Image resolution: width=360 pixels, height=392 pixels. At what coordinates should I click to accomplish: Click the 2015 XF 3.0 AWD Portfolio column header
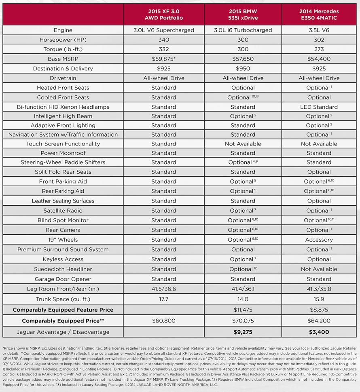tap(163, 15)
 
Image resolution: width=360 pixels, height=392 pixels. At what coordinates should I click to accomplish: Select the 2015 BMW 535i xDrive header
tap(243, 15)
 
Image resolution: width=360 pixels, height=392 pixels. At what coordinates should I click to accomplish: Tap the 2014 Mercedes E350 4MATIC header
tap(319, 15)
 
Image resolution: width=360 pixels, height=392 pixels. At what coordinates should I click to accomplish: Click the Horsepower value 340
tap(163, 40)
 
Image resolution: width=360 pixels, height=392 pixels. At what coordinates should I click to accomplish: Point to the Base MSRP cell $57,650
tap(243, 59)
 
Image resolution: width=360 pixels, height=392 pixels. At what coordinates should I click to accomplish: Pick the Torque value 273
tap(319, 49)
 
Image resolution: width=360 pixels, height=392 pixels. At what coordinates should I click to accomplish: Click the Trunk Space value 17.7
tap(163, 299)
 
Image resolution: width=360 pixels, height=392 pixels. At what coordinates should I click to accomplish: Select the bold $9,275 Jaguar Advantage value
tap(243, 332)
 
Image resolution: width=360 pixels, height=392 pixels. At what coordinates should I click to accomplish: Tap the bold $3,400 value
tap(319, 332)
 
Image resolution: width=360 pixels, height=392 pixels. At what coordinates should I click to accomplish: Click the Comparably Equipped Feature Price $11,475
tap(243, 310)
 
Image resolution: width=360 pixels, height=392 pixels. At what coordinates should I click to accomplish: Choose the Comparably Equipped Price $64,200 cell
tap(319, 321)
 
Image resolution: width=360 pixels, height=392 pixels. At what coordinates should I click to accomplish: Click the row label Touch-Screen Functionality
tap(63, 144)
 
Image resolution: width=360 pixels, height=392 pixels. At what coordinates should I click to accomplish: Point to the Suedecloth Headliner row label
tap(63, 269)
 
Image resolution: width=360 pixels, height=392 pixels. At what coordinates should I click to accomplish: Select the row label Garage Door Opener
tap(63, 279)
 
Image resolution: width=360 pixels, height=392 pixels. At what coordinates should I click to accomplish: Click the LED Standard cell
tap(319, 107)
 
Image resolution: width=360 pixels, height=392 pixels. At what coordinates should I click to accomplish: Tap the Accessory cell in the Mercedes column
tap(319, 240)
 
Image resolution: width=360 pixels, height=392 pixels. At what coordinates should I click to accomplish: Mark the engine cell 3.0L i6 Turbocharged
tap(243, 30)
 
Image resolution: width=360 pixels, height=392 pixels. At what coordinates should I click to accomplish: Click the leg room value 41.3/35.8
tap(319, 289)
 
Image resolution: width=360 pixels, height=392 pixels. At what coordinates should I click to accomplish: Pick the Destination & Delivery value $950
tap(243, 69)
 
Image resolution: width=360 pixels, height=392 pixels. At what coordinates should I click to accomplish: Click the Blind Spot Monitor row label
tap(63, 220)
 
